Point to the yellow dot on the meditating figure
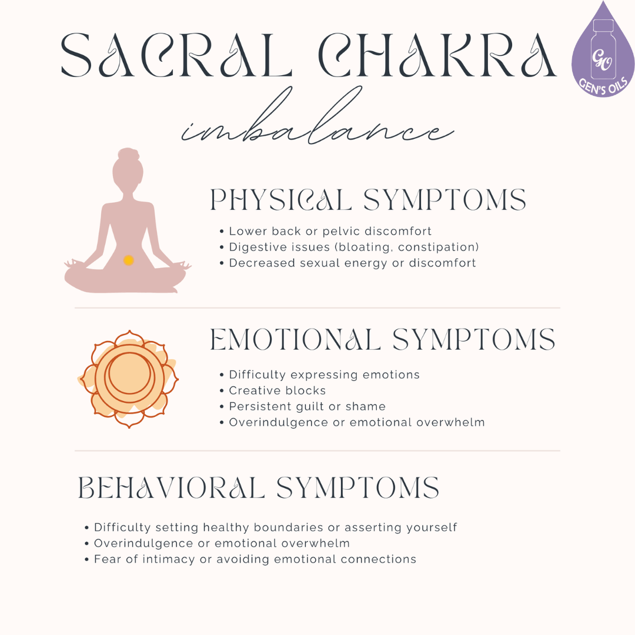pos(128,260)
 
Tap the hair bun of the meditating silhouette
pos(128,156)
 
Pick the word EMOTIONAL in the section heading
pos(296,340)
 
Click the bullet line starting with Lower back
pos(329,232)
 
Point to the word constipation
pos(437,247)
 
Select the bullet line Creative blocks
pos(276,390)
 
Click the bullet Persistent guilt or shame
pos(306,406)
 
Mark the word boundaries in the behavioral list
pos(285,527)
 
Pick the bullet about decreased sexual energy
pos(352,263)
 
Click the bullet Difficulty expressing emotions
pos(323,375)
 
